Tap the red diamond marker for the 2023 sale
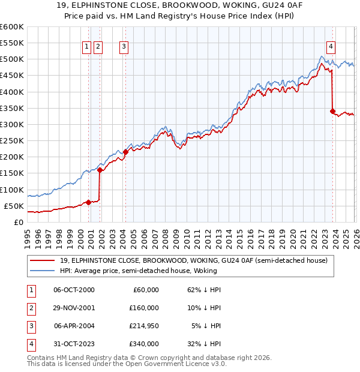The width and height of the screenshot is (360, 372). (332, 111)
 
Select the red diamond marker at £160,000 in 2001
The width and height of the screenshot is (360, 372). (100, 170)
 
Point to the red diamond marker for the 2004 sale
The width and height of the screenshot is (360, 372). (125, 152)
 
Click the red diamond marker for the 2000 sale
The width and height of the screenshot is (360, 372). (88, 202)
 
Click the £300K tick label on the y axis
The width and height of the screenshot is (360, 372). (11, 124)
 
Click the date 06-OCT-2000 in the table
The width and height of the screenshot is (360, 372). (74, 290)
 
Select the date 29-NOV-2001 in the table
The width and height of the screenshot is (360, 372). (74, 308)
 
